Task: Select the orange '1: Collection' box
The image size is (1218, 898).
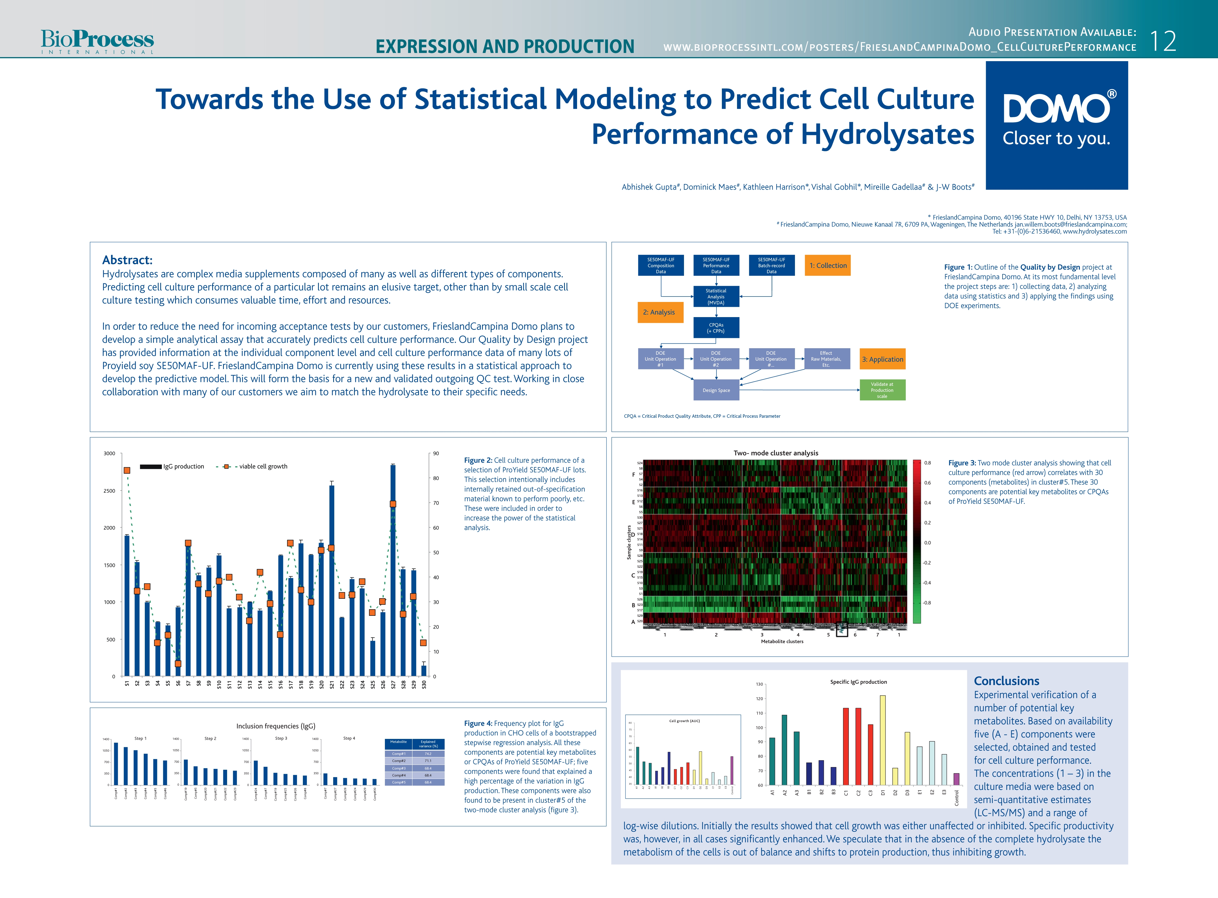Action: [828, 265]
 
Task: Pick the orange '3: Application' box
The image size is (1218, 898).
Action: [882, 359]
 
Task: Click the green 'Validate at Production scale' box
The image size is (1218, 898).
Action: [882, 390]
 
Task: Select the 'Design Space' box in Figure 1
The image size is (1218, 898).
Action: [716, 390]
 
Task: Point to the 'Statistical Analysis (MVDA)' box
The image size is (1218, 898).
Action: [716, 297]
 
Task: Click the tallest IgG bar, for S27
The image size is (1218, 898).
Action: [392, 571]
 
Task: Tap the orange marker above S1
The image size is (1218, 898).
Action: [127, 470]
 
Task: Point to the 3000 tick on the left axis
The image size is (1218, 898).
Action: [109, 453]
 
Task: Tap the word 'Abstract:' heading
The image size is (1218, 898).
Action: [127, 260]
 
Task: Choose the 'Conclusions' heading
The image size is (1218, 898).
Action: [1007, 681]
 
